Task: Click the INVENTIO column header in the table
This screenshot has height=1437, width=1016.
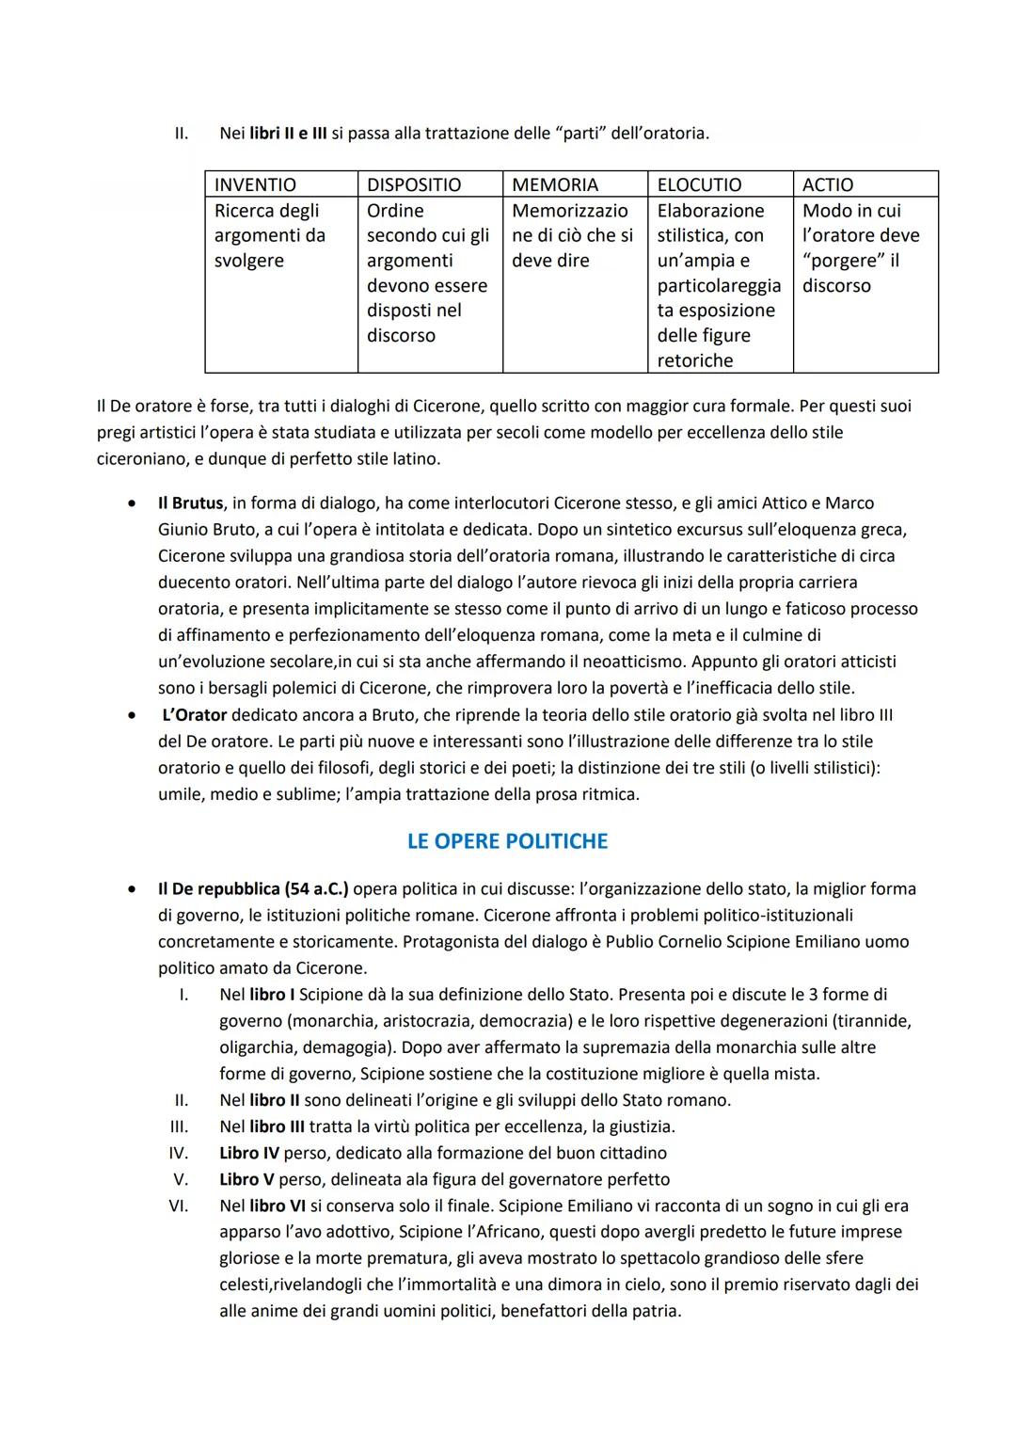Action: [x=255, y=184]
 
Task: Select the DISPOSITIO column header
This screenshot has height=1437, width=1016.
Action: [x=414, y=184]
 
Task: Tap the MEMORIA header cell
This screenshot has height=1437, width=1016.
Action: [x=555, y=184]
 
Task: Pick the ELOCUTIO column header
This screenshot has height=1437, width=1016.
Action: [x=699, y=184]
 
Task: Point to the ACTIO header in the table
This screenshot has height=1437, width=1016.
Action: [x=828, y=184]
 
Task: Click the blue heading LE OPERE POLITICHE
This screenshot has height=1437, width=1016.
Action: [x=507, y=841]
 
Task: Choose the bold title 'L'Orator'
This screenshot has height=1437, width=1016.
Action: [x=194, y=715]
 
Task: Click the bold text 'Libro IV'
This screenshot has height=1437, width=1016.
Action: [x=249, y=1153]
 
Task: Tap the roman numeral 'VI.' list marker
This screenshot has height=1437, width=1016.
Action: [x=178, y=1205]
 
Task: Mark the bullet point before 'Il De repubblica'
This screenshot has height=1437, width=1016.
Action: [x=133, y=889]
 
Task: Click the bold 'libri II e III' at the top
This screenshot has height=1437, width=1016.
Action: [x=288, y=134]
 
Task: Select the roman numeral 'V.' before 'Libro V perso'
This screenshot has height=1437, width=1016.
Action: [x=181, y=1179]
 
